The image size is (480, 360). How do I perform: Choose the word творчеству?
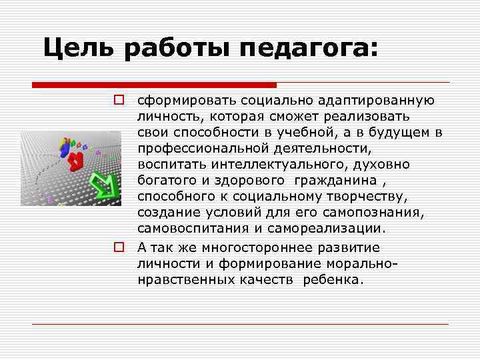tap(359, 197)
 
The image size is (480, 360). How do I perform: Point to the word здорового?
tap(251, 181)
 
